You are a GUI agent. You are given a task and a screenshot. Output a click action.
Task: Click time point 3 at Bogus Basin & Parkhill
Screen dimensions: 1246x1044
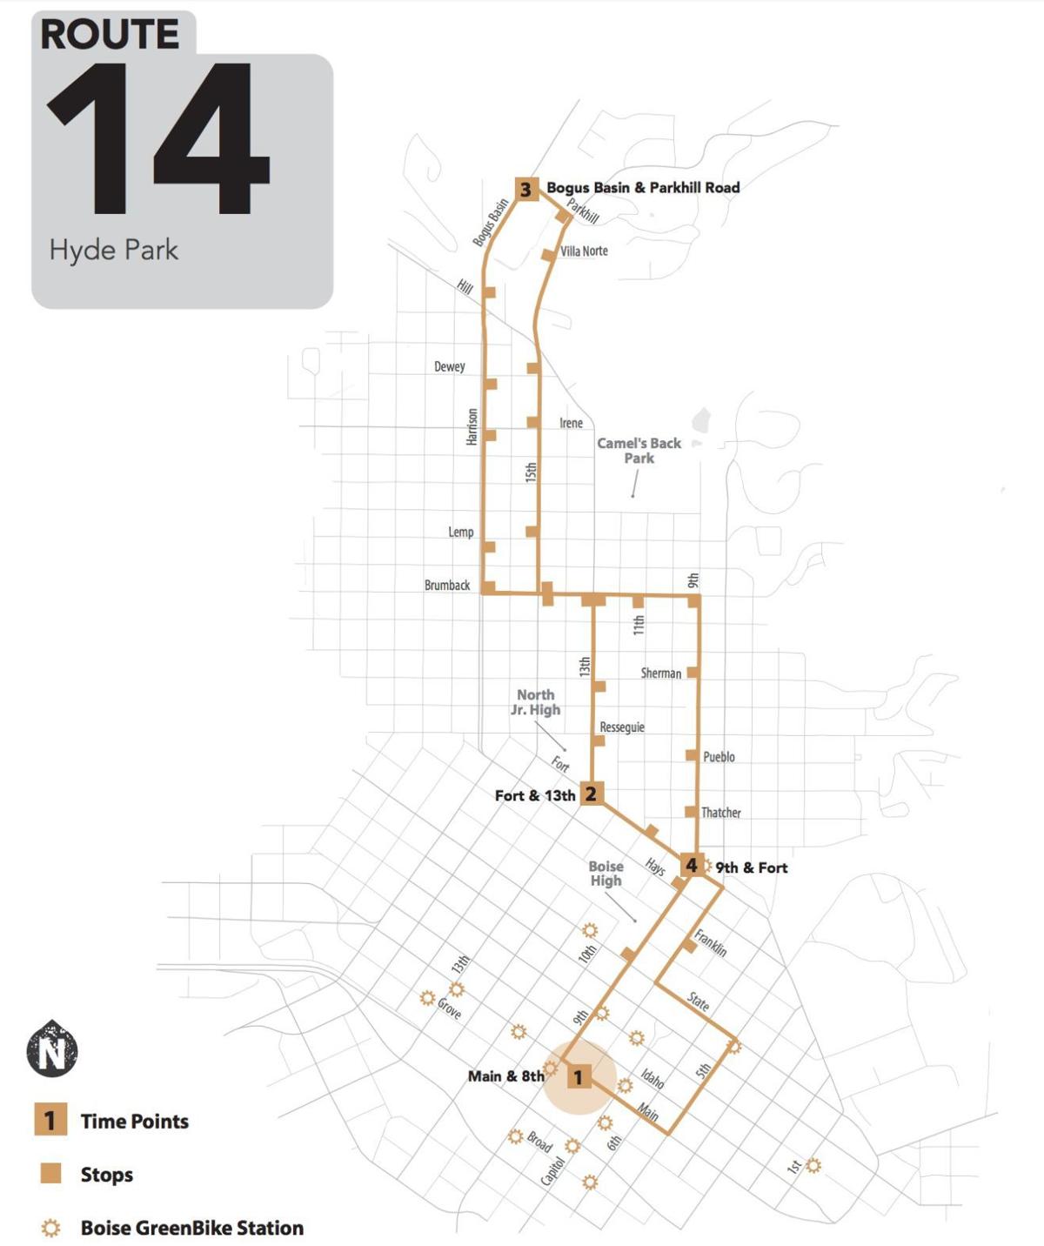pos(525,189)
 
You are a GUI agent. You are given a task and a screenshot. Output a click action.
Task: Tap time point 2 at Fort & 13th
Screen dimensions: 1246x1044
pos(591,794)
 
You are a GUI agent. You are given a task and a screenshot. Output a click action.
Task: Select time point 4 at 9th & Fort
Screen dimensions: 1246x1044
pos(691,865)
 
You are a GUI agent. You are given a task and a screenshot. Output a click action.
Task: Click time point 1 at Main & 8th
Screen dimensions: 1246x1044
pos(579,1077)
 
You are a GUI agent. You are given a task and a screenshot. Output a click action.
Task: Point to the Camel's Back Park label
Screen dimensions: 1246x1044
pos(639,451)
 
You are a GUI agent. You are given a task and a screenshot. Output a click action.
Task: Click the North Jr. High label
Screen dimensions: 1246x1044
pos(535,702)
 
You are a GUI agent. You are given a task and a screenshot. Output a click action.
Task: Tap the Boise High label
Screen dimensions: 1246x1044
pos(606,874)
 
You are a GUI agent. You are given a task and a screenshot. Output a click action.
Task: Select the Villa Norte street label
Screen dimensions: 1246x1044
pos(584,251)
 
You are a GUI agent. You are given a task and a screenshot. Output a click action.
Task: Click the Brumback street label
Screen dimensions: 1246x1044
pos(447,586)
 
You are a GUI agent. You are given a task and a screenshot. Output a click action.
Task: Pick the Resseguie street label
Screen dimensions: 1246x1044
pos(622,727)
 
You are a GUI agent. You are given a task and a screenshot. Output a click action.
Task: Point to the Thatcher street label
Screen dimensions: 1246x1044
pos(721,813)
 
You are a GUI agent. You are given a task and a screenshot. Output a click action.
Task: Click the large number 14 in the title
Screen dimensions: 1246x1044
pos(157,139)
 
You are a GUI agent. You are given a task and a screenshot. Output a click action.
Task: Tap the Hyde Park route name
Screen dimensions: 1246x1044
pos(114,251)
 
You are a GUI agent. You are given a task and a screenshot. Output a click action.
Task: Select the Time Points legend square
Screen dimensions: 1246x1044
pos(50,1121)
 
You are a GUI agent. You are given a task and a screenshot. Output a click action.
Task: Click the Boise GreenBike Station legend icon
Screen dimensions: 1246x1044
pos(51,1228)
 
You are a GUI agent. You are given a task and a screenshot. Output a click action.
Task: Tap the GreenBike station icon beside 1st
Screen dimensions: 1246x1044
pos(813,1165)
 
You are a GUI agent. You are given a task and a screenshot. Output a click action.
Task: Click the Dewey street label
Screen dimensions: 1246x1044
pos(450,367)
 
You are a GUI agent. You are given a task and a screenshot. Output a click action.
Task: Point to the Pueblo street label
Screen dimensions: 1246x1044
pos(719,757)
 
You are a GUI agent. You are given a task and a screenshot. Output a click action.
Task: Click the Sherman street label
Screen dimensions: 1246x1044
pos(661,673)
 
